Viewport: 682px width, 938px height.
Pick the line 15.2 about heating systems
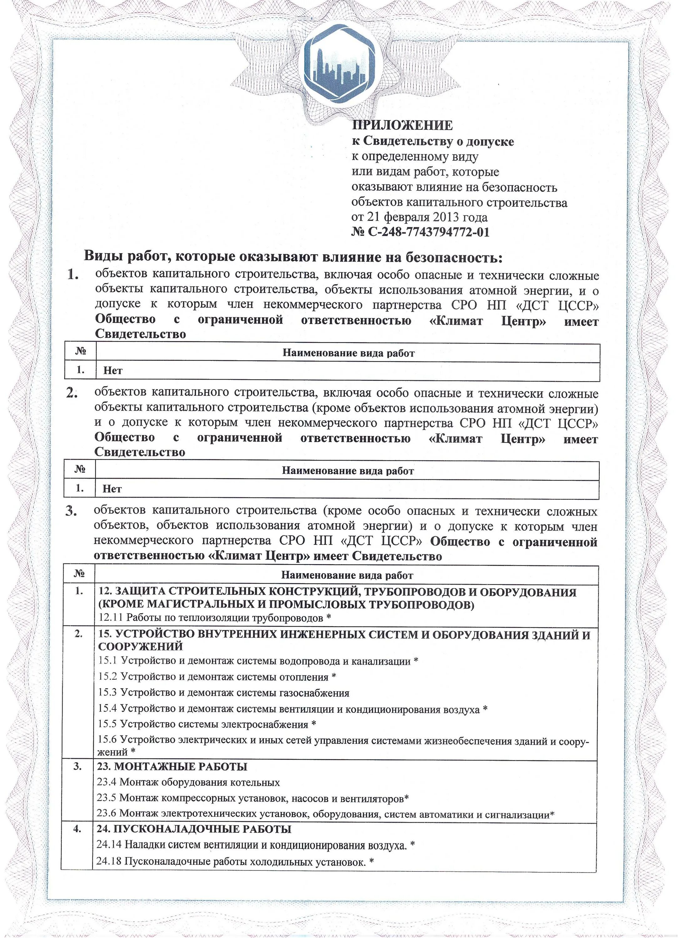(217, 677)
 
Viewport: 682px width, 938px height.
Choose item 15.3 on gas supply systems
(223, 693)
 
